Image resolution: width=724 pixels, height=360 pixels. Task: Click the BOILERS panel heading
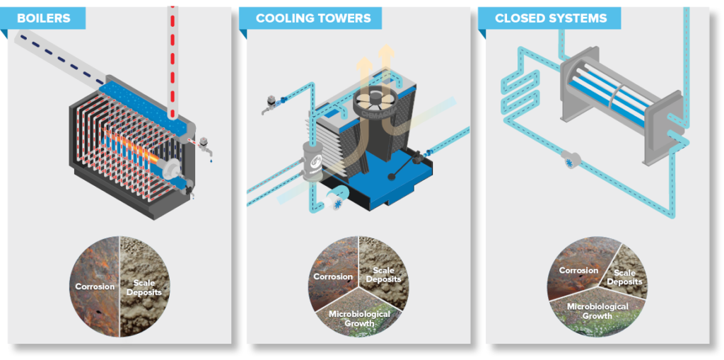pyautogui.click(x=43, y=18)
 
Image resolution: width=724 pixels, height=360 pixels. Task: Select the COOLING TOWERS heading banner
pyautogui.click(x=313, y=18)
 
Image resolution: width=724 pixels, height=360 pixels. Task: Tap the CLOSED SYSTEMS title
pyautogui.click(x=551, y=18)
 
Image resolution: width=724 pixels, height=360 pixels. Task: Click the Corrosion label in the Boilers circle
pyautogui.click(x=95, y=286)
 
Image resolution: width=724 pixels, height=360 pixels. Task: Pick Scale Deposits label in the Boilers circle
pyautogui.click(x=144, y=287)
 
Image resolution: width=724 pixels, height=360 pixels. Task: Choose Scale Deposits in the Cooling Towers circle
pyautogui.click(x=384, y=274)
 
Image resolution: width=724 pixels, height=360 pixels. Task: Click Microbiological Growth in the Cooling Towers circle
pyautogui.click(x=359, y=318)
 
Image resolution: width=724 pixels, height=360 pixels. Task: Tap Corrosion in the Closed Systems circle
pyautogui.click(x=578, y=270)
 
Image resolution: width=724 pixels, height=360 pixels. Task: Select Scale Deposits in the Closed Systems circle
pyautogui.click(x=624, y=277)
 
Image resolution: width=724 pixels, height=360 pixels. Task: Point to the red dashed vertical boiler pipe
pyautogui.click(x=173, y=60)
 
